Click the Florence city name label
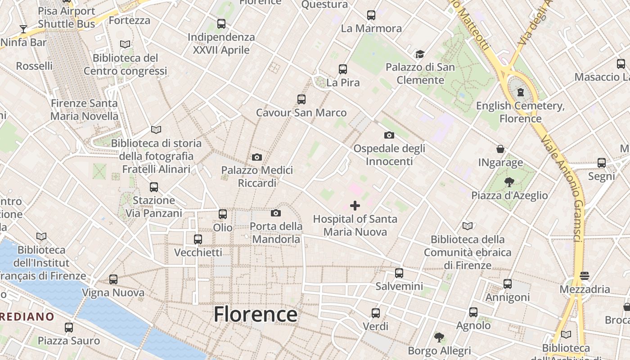255,314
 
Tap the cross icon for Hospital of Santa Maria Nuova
355,206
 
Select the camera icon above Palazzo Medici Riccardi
257,157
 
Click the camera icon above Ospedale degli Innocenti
389,135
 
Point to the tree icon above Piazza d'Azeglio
509,182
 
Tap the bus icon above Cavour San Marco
301,99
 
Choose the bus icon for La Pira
343,69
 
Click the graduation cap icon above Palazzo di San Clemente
420,54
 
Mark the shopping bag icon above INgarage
500,149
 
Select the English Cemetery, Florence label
520,112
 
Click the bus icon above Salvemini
399,273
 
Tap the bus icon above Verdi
376,313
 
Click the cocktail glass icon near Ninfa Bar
23,29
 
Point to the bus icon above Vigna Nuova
113,279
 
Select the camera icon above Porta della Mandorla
276,213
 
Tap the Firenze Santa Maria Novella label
84,109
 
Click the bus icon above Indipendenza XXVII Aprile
221,24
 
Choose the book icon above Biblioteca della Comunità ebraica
468,226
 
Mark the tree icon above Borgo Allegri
439,337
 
